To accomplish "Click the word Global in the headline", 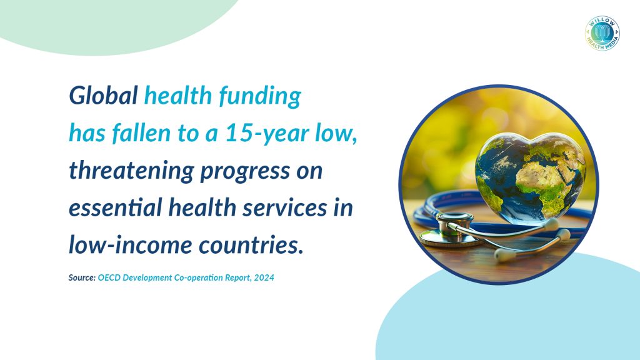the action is (103, 96).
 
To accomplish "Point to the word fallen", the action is (141, 133).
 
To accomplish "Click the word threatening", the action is (131, 171).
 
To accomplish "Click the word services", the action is (285, 207).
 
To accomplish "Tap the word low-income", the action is (131, 245).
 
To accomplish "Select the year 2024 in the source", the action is (264, 277).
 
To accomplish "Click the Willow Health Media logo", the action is (602, 34).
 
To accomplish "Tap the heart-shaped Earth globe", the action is (531, 178).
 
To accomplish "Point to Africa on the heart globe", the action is (545, 179).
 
